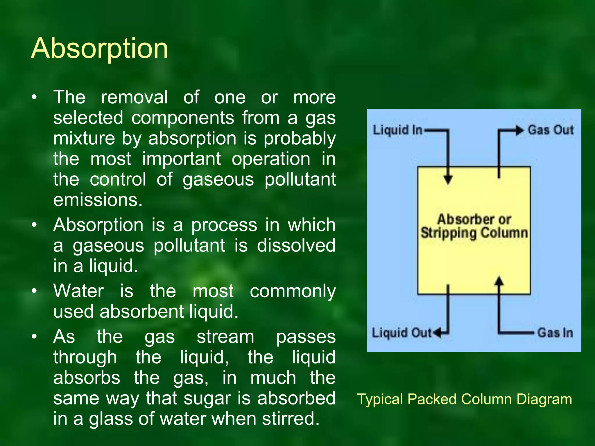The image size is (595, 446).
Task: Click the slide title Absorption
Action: [99, 48]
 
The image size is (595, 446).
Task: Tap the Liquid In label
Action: [397, 130]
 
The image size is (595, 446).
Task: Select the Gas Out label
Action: [551, 130]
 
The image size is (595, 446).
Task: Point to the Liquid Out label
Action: [402, 333]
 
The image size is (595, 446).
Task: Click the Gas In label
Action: [555, 333]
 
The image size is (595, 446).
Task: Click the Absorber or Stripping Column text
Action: [474, 226]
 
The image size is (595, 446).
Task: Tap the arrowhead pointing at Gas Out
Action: [519, 130]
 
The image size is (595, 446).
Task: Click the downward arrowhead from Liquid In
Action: [448, 180]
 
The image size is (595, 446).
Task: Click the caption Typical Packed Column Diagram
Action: [465, 399]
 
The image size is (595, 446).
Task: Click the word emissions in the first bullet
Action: [98, 200]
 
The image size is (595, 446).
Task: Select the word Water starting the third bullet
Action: [78, 291]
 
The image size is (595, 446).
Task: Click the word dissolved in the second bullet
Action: [296, 245]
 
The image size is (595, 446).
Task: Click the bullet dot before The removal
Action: [34, 98]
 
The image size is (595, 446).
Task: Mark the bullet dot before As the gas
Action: [34, 337]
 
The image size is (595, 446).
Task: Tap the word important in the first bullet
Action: [182, 159]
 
